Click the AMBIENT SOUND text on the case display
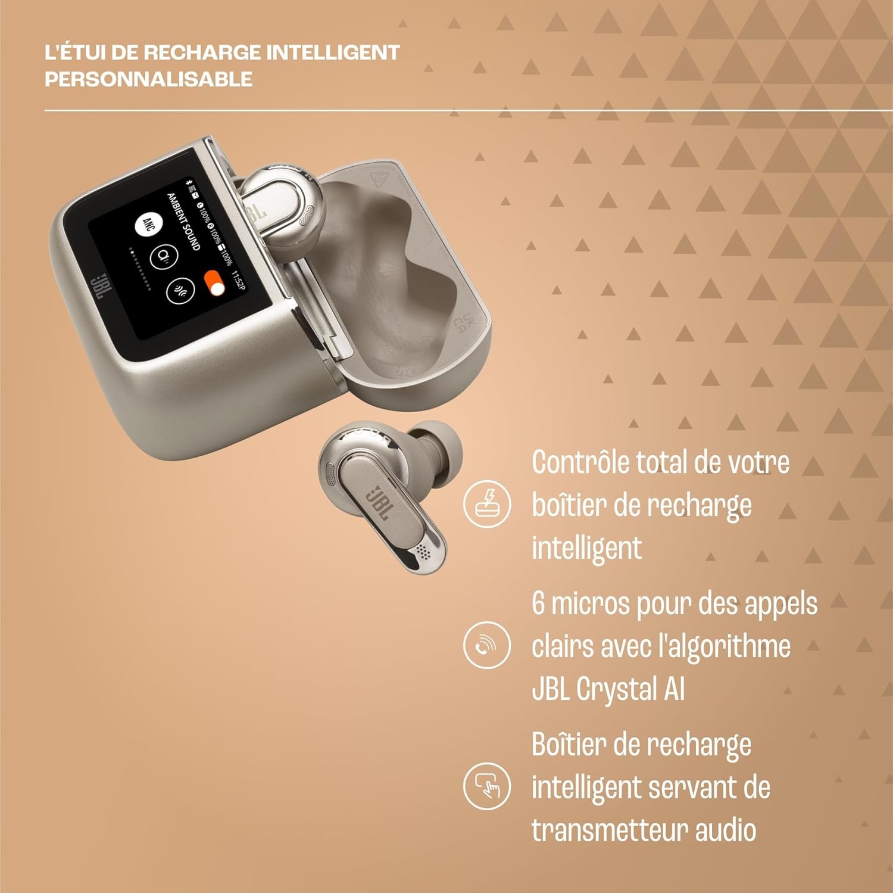pos(183,221)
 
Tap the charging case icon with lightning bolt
pos(487,503)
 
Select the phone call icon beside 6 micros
pos(487,645)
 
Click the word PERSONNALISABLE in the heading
pos(148,79)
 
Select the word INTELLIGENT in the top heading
pos(332,52)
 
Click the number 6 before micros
pos(538,603)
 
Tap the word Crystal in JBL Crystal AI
pos(617,689)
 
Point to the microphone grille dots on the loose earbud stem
pos(423,551)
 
